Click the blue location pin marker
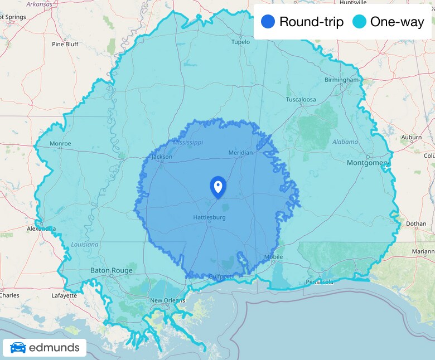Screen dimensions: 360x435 click(217, 187)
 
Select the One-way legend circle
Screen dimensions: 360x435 click(359, 22)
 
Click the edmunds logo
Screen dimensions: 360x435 click(45, 348)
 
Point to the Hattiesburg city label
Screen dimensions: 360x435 click(209, 217)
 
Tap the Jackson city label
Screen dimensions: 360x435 click(162, 157)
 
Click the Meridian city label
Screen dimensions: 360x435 click(240, 153)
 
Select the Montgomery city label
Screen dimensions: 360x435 click(368, 163)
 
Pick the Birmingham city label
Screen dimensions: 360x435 click(342, 80)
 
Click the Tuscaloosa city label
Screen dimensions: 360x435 click(301, 100)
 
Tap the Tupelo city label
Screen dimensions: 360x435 click(241, 42)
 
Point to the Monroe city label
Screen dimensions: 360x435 click(60, 144)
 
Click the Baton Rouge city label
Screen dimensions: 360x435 click(112, 271)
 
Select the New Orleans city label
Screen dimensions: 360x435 click(167, 301)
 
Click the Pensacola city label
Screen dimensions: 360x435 click(320, 282)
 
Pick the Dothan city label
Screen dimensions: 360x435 click(417, 224)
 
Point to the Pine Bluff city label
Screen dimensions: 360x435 click(65, 44)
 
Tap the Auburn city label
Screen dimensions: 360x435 click(411, 137)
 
